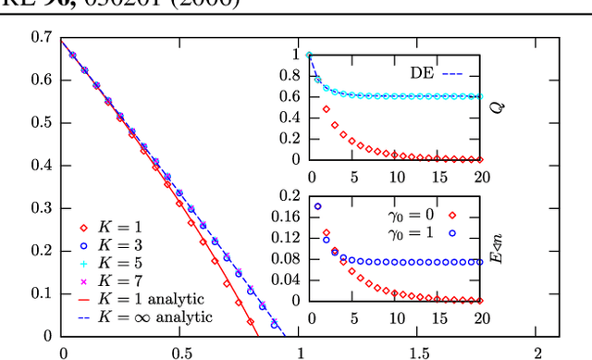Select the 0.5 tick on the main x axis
tap(181, 353)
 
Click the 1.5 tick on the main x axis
tap(419, 353)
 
